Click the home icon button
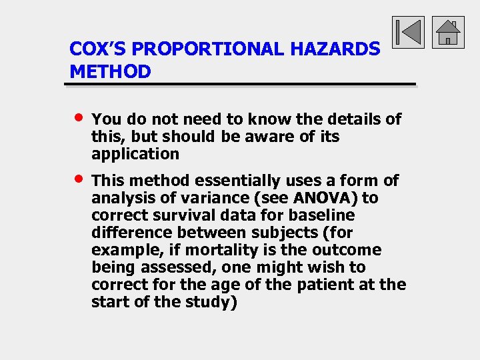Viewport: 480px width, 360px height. point(447,32)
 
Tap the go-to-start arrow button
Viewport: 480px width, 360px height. point(408,32)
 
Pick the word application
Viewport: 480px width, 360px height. point(135,154)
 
